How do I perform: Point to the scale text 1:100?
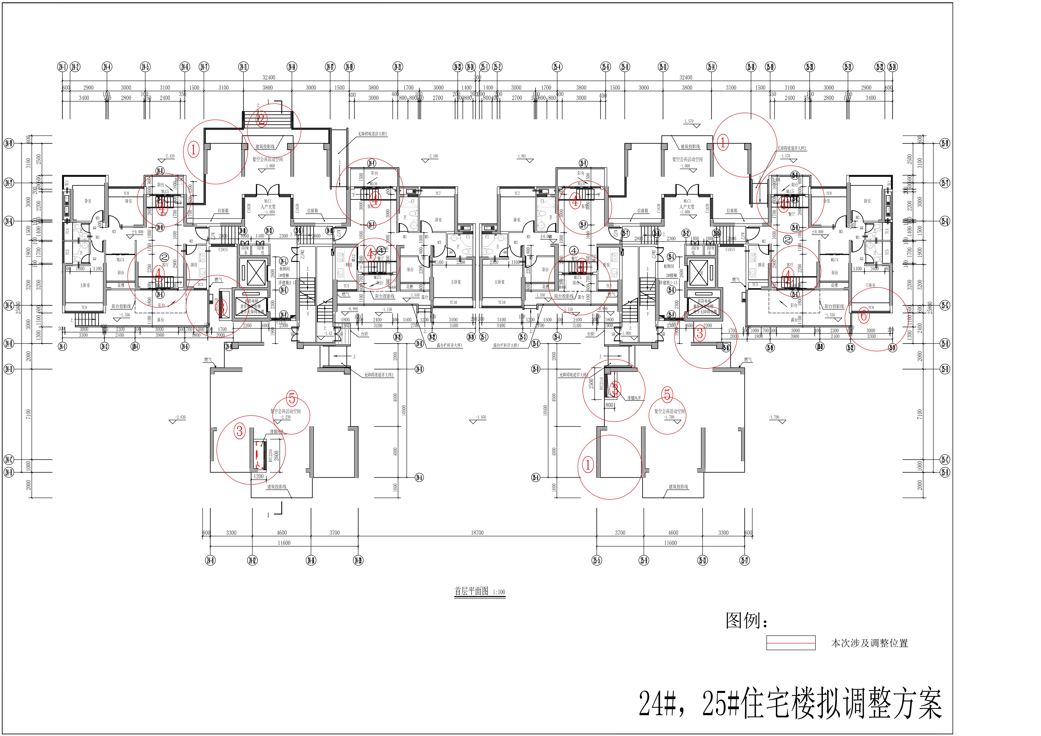[x=498, y=592]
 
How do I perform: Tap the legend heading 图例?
[x=746, y=620]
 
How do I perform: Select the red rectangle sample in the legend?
[x=791, y=643]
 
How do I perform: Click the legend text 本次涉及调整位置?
[x=869, y=643]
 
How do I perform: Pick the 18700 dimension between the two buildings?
[x=477, y=532]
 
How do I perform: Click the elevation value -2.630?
[x=180, y=417]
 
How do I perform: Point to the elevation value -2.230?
[x=285, y=417]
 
